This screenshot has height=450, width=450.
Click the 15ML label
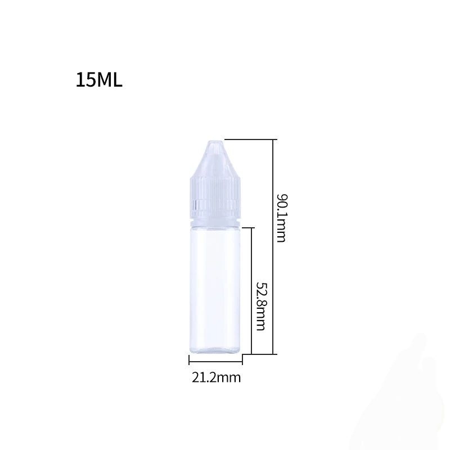(x=99, y=80)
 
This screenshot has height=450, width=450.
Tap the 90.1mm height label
(x=281, y=218)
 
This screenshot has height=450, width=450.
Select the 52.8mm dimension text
(x=260, y=307)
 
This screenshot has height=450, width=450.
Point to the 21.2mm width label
(x=216, y=377)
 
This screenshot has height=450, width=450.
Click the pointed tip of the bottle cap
(x=215, y=141)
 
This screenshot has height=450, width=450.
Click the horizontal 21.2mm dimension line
(x=215, y=361)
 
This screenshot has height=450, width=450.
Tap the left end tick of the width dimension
(x=188, y=361)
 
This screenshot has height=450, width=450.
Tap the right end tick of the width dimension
(x=242, y=361)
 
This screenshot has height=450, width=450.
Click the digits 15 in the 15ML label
(x=85, y=80)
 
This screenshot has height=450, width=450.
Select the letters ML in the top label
(x=109, y=80)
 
